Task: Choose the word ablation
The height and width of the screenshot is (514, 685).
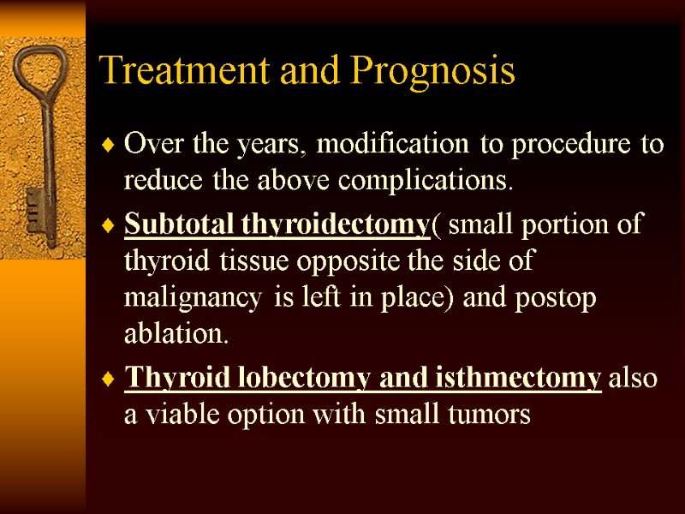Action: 175,334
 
